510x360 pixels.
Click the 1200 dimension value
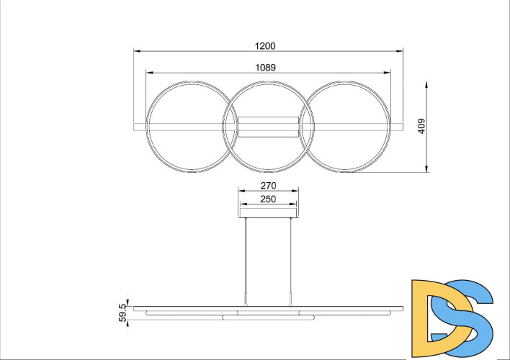(x=266, y=45)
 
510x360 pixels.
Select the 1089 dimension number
(x=267, y=66)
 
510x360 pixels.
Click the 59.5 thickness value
(x=122, y=312)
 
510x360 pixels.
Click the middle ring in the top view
(x=268, y=83)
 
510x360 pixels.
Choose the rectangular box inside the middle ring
(x=268, y=127)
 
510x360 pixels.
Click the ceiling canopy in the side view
(x=268, y=210)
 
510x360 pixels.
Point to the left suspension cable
(x=246, y=256)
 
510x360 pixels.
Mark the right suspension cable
(x=290, y=256)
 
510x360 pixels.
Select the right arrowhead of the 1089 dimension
(x=388, y=72)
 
